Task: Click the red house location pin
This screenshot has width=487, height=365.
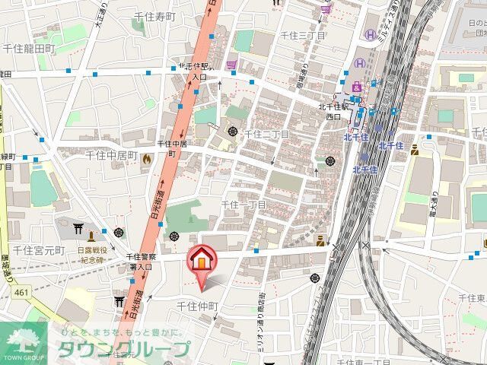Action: click(202, 260)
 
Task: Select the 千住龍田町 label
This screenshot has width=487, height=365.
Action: click(28, 48)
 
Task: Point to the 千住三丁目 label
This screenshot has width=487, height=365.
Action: click(303, 36)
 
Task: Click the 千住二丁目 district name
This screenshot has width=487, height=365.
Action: click(267, 135)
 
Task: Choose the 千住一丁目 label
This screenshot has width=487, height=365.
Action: click(243, 205)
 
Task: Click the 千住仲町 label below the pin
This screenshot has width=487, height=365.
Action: click(198, 306)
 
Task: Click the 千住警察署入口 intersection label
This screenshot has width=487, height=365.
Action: click(139, 262)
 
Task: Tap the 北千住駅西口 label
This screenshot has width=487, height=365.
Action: click(333, 112)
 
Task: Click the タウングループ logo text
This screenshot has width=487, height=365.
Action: click(122, 350)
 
